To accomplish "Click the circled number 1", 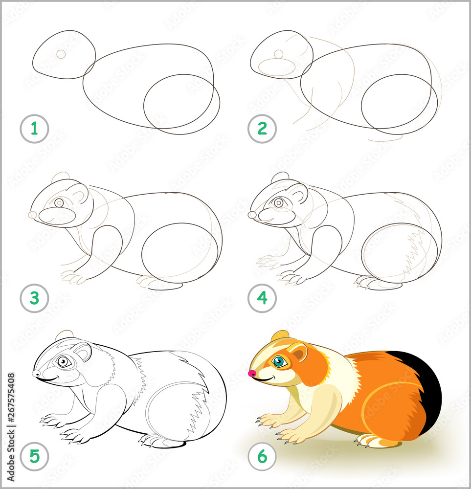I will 34,129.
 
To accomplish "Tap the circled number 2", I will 262,129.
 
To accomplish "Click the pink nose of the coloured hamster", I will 252,374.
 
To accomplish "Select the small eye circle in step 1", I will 61,54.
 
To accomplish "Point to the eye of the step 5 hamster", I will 63,361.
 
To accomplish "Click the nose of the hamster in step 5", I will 36,374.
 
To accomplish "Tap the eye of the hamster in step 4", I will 279,202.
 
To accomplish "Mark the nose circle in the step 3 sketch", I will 32,215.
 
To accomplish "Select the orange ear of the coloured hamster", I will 298,352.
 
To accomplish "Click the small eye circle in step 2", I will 278,54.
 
